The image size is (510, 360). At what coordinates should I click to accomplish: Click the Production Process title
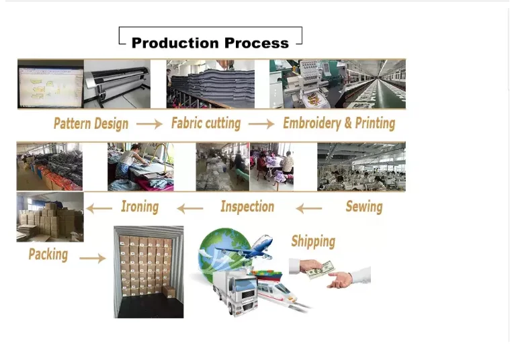(x=210, y=43)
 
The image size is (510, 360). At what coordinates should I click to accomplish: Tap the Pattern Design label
(x=91, y=124)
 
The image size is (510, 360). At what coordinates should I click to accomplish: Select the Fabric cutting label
(x=206, y=124)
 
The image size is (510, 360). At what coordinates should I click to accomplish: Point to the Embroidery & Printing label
(x=339, y=124)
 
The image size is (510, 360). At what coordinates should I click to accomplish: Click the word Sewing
(x=364, y=206)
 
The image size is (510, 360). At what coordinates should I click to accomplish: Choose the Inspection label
(x=247, y=207)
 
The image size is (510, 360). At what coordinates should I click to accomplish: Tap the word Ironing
(x=140, y=207)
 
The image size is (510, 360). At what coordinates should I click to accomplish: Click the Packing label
(x=48, y=255)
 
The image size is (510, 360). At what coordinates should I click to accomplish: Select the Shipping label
(x=313, y=242)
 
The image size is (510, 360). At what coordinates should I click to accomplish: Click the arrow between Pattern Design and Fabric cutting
(x=149, y=124)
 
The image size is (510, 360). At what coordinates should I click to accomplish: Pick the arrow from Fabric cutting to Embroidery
(x=261, y=124)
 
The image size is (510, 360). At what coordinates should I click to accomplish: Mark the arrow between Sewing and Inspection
(x=308, y=209)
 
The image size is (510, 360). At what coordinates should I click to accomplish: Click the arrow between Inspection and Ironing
(x=190, y=209)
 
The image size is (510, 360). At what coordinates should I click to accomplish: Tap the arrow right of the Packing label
(x=93, y=258)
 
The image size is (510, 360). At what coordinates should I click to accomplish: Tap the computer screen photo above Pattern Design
(x=50, y=83)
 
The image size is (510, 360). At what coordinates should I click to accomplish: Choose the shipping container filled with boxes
(x=148, y=271)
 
